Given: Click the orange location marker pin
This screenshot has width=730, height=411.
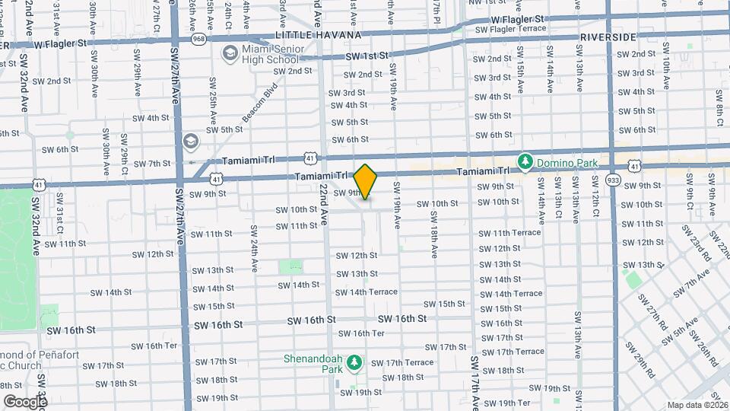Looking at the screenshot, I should pyautogui.click(x=366, y=181).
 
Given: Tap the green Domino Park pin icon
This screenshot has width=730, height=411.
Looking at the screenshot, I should pyautogui.click(x=525, y=161).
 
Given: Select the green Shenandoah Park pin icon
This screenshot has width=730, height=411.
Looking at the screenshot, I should pyautogui.click(x=353, y=364).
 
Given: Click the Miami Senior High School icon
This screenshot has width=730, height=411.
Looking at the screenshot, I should pyautogui.click(x=229, y=53).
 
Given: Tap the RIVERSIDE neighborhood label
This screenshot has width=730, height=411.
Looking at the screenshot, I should pyautogui.click(x=607, y=37).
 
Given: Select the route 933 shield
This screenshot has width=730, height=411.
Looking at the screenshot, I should pyautogui.click(x=614, y=180).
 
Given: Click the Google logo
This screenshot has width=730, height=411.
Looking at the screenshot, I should pyautogui.click(x=25, y=401).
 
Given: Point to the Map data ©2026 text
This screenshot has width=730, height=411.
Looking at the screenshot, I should pyautogui.click(x=697, y=405).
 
